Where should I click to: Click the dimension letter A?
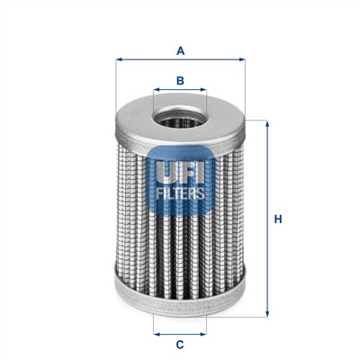(180, 51)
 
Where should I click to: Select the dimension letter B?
(180, 80)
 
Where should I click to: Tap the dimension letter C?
(180, 345)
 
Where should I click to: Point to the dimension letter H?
(278, 220)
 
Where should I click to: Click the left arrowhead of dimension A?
(119, 59)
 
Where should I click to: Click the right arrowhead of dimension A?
(242, 59)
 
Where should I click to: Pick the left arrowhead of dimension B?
(157, 89)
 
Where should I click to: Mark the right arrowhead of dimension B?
(203, 89)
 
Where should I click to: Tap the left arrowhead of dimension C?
(157, 334)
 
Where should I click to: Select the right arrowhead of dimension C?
(203, 334)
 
